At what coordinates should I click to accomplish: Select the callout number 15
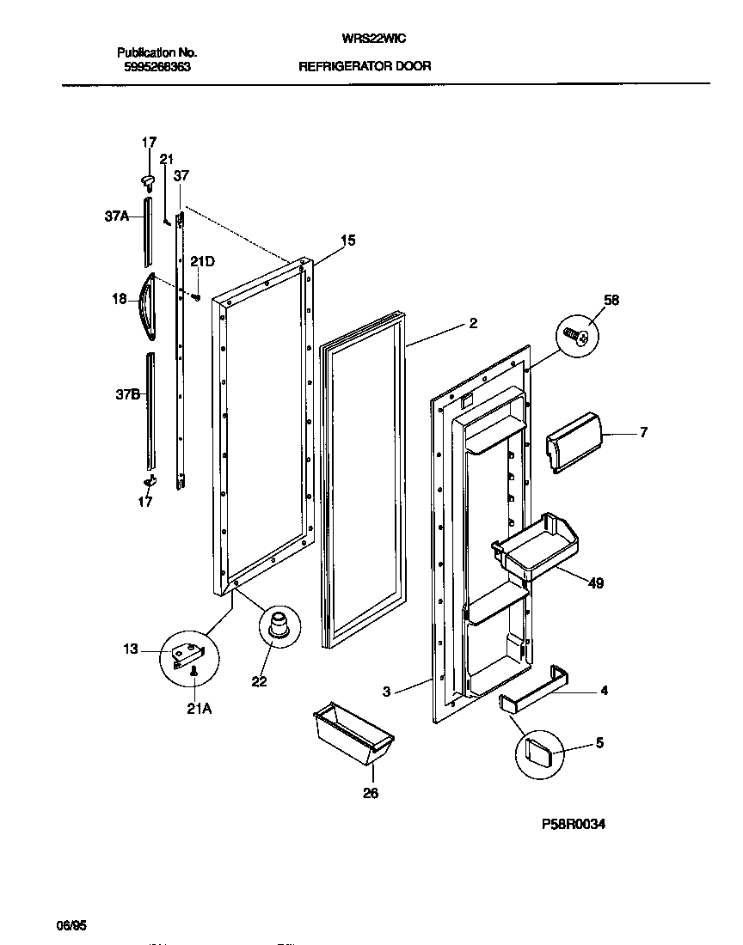click(x=347, y=241)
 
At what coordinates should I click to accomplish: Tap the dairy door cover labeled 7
click(x=573, y=441)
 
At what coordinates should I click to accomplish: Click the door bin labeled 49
click(x=535, y=548)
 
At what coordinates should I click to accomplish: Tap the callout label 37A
click(x=117, y=216)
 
